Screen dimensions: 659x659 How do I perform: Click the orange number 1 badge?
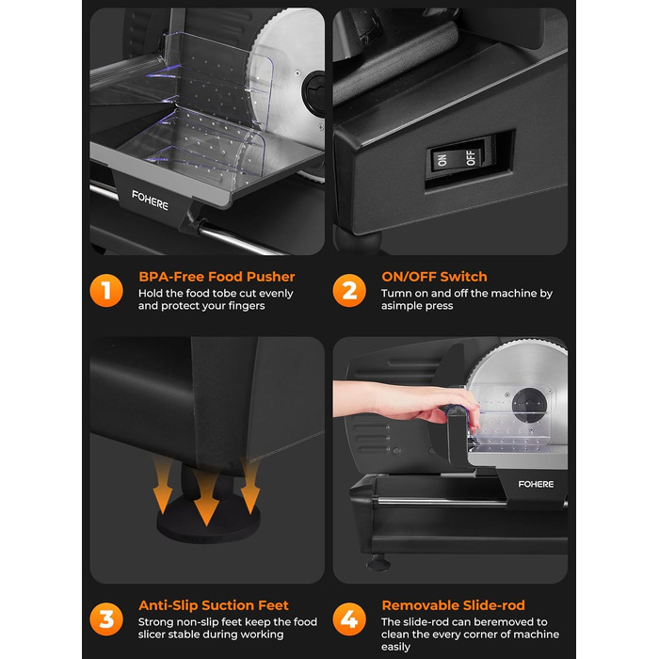point(106,290)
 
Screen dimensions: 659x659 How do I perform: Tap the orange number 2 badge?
point(349,290)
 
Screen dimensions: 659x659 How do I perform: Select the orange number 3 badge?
point(106,619)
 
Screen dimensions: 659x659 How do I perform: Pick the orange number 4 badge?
point(349,619)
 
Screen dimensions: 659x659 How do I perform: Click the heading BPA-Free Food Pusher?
point(217,277)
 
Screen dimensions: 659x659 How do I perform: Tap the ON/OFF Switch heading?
point(434,277)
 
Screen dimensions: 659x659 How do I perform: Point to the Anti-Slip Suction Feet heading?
point(214,605)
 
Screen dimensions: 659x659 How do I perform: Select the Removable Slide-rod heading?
point(453,605)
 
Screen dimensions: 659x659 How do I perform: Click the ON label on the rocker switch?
point(442,160)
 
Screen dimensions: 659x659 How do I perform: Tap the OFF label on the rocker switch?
point(471,157)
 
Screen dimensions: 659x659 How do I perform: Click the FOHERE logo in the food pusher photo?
point(150,201)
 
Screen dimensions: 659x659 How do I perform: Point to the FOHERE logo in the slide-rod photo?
point(536,484)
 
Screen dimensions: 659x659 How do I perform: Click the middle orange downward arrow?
point(206,497)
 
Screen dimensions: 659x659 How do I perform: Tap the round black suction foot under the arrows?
point(208,521)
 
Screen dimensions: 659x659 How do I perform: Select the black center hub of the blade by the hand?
point(529,405)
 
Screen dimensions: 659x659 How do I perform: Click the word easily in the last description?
point(395,648)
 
